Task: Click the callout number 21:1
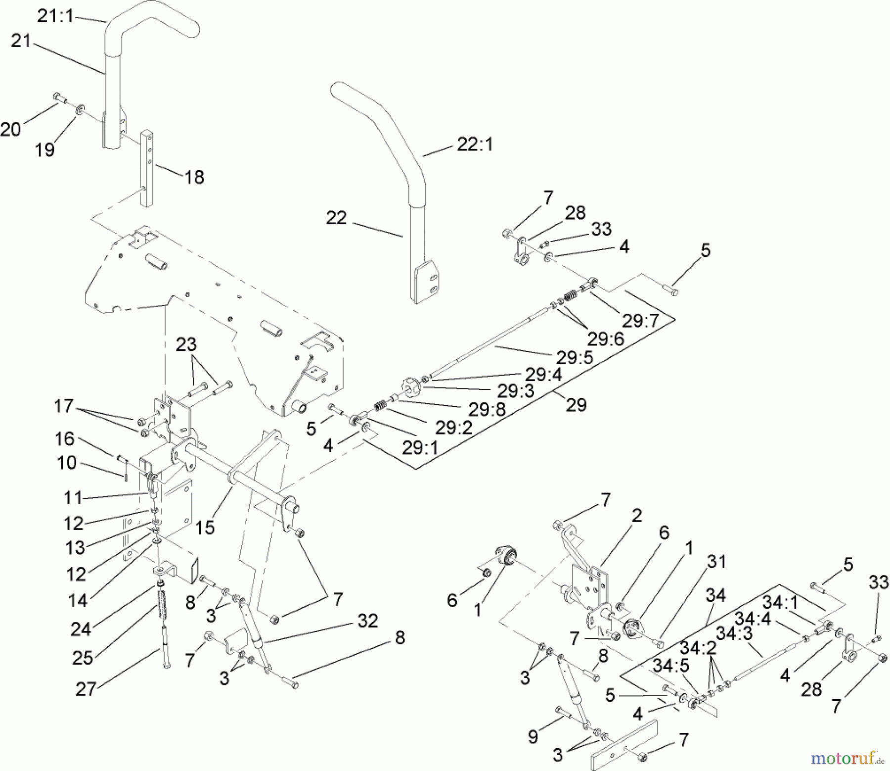[55, 16]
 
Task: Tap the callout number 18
[194, 177]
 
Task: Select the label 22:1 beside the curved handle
[474, 145]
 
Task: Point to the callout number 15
[205, 528]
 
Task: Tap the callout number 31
[716, 562]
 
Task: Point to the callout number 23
[186, 344]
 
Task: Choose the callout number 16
[64, 438]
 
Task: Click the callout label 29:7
[640, 321]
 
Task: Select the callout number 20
[10, 129]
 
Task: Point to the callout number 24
[81, 629]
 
